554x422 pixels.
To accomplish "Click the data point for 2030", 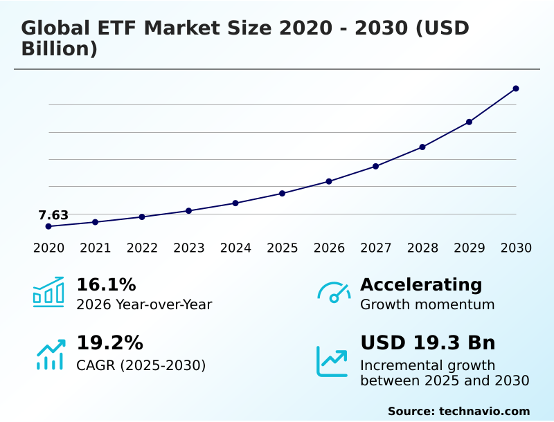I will (x=516, y=89).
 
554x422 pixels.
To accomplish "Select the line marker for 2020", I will (x=48, y=226).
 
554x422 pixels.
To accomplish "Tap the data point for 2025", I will (x=282, y=193).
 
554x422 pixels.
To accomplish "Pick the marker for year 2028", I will (x=422, y=147).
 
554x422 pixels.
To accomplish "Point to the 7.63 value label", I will (x=53, y=215).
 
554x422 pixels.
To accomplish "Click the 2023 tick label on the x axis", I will (x=189, y=248).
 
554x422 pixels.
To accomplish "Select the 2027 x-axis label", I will (x=376, y=248).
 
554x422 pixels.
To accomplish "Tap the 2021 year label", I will (x=96, y=248).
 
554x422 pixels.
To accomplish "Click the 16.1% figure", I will (x=106, y=285).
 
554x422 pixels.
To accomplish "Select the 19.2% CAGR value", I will (x=109, y=343).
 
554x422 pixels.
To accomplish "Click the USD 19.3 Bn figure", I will (x=427, y=343).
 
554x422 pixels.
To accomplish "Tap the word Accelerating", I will (x=421, y=285).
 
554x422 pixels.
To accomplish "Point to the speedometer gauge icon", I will (x=334, y=293).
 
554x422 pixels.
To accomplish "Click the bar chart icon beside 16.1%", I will (x=48, y=293).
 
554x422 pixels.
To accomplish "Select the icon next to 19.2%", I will (x=50, y=354).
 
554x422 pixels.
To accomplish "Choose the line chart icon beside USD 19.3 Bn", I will (x=332, y=360).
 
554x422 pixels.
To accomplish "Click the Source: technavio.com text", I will (x=458, y=411).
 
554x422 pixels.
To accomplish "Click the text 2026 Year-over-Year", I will (x=144, y=304).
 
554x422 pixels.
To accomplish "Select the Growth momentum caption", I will (x=427, y=304).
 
